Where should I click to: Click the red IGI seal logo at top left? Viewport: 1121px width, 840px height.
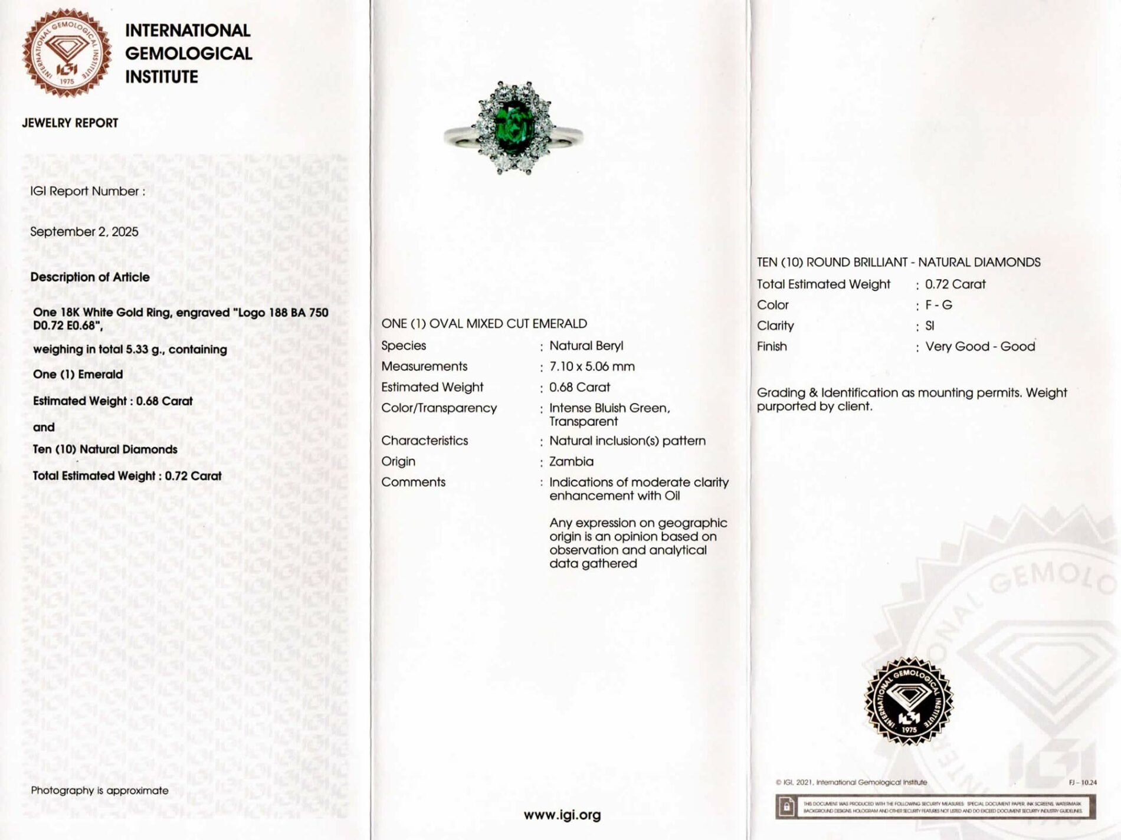click(x=67, y=53)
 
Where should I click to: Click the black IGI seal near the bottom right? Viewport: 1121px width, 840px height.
click(x=909, y=701)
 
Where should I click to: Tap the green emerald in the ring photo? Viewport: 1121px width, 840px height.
click(x=512, y=123)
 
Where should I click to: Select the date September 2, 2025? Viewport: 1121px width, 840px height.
click(x=84, y=232)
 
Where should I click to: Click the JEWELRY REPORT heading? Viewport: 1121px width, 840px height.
click(x=70, y=123)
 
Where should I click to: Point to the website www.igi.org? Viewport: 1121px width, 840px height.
click(x=562, y=815)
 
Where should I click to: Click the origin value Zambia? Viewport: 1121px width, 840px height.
click(x=571, y=461)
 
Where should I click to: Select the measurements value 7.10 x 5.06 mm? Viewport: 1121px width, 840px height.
click(x=592, y=366)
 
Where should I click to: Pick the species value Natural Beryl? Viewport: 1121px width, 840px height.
click(x=586, y=346)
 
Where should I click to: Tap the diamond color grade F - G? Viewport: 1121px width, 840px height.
click(x=938, y=305)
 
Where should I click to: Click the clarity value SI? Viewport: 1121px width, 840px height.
click(x=930, y=326)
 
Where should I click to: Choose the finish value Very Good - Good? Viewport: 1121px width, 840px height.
click(x=980, y=346)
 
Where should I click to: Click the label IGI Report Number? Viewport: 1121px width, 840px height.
click(x=87, y=191)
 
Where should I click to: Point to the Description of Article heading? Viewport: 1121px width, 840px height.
click(x=90, y=277)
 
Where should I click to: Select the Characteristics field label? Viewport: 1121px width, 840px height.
click(x=424, y=441)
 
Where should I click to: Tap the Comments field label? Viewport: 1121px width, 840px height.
click(x=413, y=482)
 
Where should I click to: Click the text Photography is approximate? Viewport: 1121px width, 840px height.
click(x=100, y=790)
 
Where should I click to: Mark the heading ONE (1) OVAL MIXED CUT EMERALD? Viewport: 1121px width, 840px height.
click(x=484, y=324)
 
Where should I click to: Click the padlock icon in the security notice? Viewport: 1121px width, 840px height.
click(x=786, y=806)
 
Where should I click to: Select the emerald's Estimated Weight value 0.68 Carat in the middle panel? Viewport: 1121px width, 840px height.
click(x=579, y=388)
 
